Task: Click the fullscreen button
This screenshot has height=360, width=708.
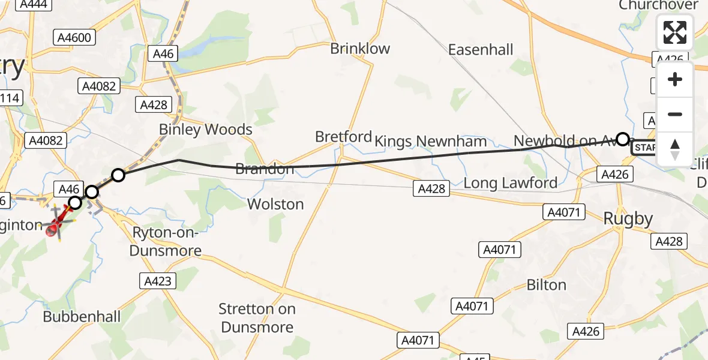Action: (675, 32)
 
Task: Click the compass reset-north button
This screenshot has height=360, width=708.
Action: (675, 149)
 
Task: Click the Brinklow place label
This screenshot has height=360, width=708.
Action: (360, 49)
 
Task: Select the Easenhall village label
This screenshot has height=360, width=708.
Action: (481, 49)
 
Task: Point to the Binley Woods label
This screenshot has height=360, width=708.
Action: (205, 129)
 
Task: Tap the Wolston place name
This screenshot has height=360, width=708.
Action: (275, 204)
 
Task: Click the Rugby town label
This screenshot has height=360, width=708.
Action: (628, 219)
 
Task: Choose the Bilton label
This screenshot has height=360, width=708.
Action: (546, 284)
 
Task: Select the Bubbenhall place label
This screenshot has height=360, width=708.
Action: (82, 316)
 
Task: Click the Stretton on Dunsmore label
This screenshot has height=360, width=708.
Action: (257, 318)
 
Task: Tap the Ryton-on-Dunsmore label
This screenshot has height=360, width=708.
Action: (165, 242)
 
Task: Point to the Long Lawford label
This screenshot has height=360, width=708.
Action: (510, 182)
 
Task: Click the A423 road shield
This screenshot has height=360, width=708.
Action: (158, 280)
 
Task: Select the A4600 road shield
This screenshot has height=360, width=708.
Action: (74, 38)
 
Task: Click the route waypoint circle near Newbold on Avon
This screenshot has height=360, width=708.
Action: (623, 139)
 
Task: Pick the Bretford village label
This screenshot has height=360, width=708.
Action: (343, 137)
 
